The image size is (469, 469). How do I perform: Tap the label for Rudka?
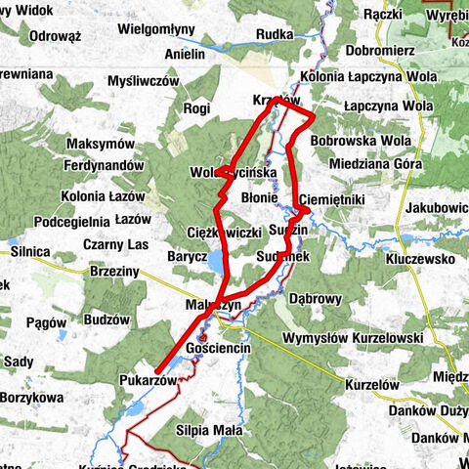click(275, 35)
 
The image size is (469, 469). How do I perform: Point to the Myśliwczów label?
click(144, 81)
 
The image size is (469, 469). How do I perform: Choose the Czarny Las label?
click(115, 244)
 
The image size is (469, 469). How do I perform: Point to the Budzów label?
click(107, 320)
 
